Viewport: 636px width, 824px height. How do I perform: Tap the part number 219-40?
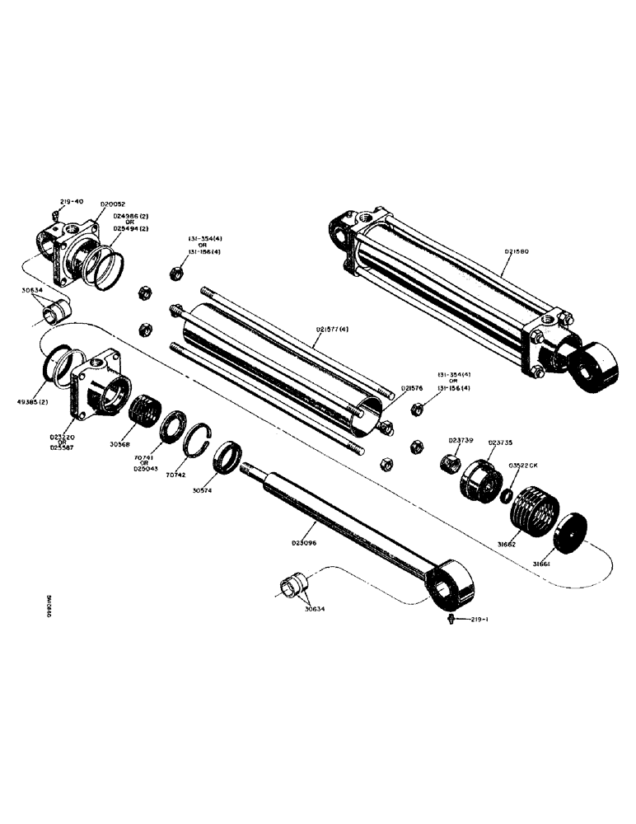point(72,201)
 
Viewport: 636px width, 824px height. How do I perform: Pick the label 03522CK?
point(524,466)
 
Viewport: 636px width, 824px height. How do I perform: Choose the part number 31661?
point(542,564)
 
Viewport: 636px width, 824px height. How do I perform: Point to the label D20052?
point(114,202)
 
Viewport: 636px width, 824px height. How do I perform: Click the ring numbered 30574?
point(228,456)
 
